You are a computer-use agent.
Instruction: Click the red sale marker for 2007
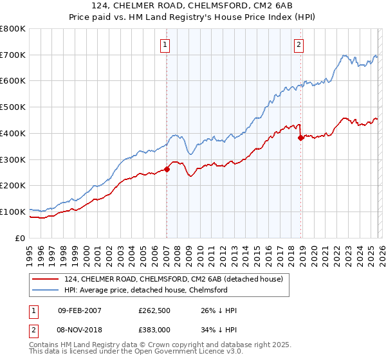tap(167, 169)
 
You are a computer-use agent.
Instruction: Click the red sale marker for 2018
tap(300, 137)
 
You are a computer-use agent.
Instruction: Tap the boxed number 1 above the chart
tap(166, 44)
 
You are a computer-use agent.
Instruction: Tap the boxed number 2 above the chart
tap(299, 44)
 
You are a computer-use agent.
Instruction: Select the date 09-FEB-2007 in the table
tap(79, 310)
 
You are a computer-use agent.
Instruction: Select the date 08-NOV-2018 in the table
tap(79, 329)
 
